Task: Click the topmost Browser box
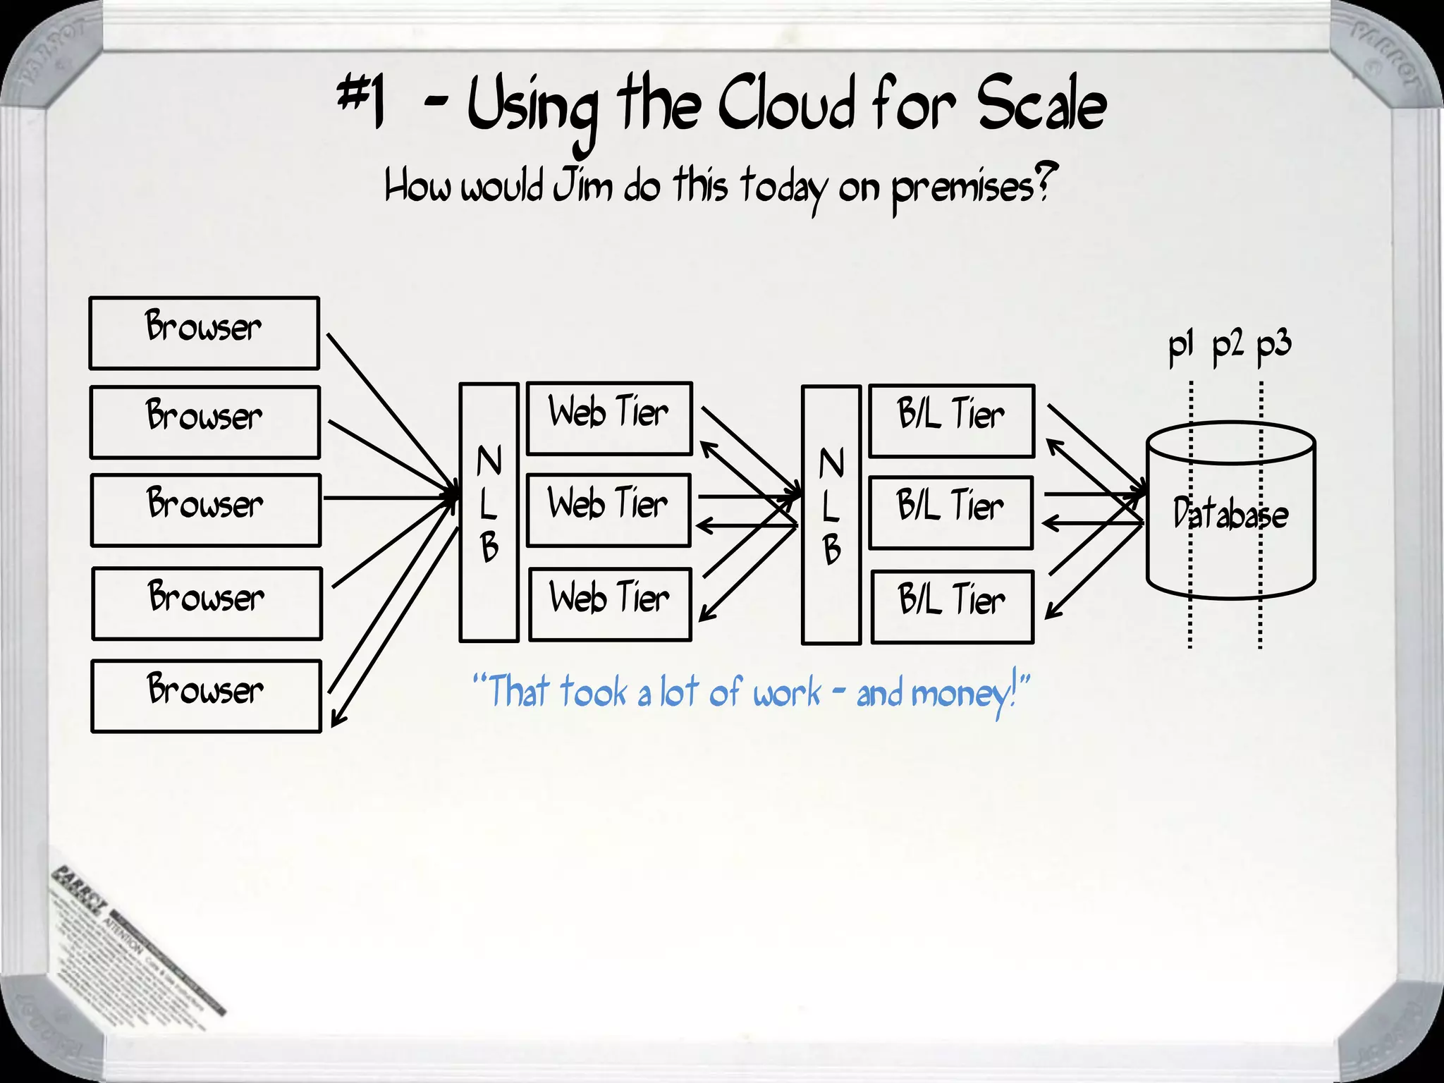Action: click(x=204, y=333)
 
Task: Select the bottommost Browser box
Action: click(x=206, y=696)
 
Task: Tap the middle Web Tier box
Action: click(x=608, y=510)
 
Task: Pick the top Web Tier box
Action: click(x=609, y=418)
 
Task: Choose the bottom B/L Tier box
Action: click(x=952, y=606)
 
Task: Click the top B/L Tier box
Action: click(x=951, y=420)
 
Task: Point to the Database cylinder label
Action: click(x=1230, y=513)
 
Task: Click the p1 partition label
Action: click(x=1180, y=346)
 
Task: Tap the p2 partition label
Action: click(x=1228, y=346)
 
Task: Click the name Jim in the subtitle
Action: click(x=582, y=187)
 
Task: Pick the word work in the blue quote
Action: click(x=787, y=692)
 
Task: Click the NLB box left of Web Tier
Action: click(x=489, y=512)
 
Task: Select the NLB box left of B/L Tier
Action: click(x=831, y=515)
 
